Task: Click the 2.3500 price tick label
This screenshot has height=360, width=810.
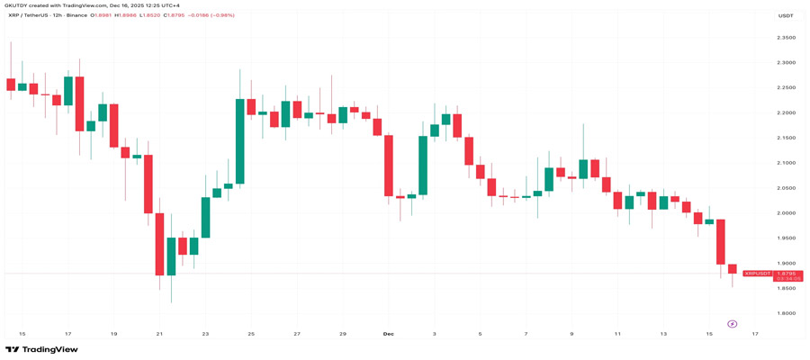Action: click(786, 38)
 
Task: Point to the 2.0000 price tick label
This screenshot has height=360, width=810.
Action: click(786, 213)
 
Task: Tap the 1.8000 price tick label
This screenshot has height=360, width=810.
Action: click(786, 313)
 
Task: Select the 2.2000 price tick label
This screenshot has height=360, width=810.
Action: click(786, 113)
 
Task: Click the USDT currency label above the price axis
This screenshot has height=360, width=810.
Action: click(786, 15)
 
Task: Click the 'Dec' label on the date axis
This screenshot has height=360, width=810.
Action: click(388, 334)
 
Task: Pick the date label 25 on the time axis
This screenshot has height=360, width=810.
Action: click(251, 334)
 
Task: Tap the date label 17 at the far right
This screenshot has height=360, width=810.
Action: click(755, 334)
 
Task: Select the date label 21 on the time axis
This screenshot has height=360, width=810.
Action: click(159, 334)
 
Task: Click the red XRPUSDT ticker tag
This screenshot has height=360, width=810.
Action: click(757, 273)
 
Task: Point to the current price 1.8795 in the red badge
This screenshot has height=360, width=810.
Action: click(787, 273)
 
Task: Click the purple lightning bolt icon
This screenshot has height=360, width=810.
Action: click(732, 324)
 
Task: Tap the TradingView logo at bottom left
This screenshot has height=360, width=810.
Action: click(41, 349)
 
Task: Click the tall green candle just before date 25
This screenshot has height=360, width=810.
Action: click(240, 141)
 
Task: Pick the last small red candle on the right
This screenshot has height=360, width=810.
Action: click(732, 269)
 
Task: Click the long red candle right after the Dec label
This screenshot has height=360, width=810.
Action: click(389, 166)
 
